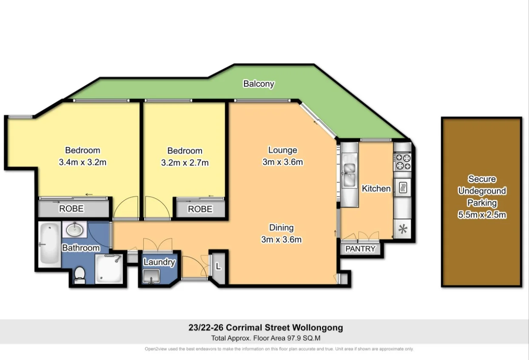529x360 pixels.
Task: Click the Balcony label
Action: click(259, 84)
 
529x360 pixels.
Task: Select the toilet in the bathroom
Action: click(80, 275)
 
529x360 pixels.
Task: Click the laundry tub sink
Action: click(151, 277)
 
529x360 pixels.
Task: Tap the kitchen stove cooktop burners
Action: click(402, 161)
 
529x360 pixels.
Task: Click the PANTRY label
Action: click(361, 249)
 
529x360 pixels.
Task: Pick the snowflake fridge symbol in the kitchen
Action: click(402, 229)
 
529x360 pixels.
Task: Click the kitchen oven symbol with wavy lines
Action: click(402, 187)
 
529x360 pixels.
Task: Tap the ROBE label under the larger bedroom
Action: click(71, 209)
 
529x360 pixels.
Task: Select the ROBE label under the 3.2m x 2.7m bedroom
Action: click(200, 209)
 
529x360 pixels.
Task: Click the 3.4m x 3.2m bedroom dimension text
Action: click(82, 162)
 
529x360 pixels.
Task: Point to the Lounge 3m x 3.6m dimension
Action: click(282, 162)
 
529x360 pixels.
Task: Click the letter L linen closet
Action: click(219, 267)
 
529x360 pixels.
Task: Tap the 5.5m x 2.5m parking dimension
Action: click(482, 215)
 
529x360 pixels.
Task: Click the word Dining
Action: click(281, 228)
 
